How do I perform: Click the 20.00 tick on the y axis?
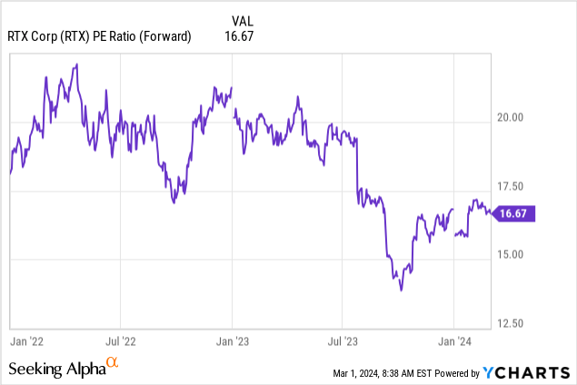(510, 117)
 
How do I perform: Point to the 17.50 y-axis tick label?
(510, 186)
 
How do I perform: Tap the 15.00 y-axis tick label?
(510, 254)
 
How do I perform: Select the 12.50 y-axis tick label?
(510, 323)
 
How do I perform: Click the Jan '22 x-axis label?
(27, 341)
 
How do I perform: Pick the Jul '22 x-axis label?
(121, 341)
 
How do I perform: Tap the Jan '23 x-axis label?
(233, 341)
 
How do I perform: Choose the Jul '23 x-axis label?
(343, 341)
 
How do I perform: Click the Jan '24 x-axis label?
(454, 341)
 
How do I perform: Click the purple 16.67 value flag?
(513, 213)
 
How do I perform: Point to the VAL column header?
(243, 21)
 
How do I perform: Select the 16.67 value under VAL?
(239, 36)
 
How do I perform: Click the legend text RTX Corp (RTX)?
(48, 36)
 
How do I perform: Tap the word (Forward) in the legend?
(164, 36)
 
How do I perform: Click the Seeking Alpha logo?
(64, 368)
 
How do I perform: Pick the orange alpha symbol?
(113, 362)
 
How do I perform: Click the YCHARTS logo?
(527, 373)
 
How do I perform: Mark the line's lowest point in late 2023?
(401, 291)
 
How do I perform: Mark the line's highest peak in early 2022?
(77, 64)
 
